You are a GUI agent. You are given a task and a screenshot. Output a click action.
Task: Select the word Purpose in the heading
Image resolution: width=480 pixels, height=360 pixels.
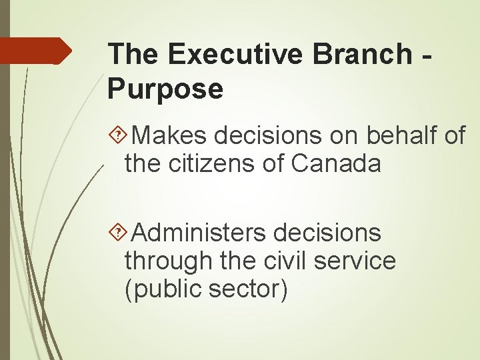click(x=165, y=89)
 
